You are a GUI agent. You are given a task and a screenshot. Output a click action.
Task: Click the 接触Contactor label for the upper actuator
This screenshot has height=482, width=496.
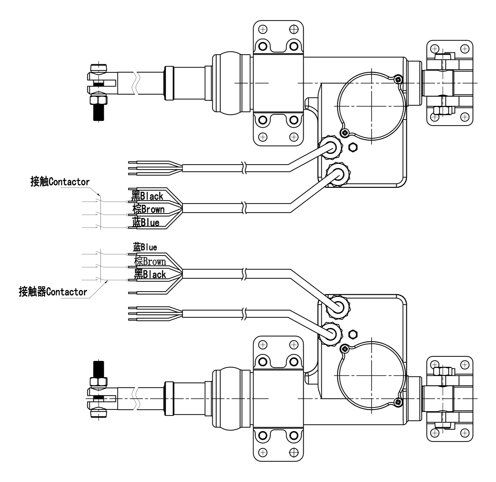click(x=60, y=182)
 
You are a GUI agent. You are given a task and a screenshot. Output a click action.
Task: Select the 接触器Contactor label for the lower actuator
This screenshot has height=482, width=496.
click(x=53, y=292)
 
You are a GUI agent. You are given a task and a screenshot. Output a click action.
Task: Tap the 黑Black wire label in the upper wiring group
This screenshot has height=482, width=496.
click(x=147, y=196)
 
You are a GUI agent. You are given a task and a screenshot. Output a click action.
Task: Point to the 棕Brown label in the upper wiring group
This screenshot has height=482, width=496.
click(x=148, y=209)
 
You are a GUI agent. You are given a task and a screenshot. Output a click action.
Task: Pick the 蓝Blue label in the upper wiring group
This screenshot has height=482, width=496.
click(x=146, y=222)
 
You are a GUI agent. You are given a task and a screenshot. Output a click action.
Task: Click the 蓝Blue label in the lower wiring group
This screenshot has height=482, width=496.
click(x=145, y=247)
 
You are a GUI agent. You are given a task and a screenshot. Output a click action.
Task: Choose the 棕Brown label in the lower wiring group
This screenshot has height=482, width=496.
click(x=150, y=261)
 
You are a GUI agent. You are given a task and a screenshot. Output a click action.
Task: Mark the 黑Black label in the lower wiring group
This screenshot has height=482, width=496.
click(x=150, y=274)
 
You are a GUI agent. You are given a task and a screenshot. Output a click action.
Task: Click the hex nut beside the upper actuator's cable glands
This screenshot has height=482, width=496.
click(x=353, y=147)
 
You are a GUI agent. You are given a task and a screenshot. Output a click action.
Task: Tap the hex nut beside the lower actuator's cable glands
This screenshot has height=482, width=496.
click(x=353, y=334)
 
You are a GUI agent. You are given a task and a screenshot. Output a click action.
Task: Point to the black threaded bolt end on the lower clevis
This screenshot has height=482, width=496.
click(x=99, y=369)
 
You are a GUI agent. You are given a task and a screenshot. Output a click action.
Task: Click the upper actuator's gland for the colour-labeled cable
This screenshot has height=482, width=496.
click(x=339, y=173)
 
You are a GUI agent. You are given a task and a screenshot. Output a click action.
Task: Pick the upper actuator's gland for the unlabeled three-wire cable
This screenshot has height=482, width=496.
click(x=331, y=145)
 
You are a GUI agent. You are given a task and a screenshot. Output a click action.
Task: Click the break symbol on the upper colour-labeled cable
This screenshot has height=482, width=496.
click(x=244, y=208)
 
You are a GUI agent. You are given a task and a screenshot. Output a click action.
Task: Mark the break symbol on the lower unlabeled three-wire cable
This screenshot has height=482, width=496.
click(x=244, y=314)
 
